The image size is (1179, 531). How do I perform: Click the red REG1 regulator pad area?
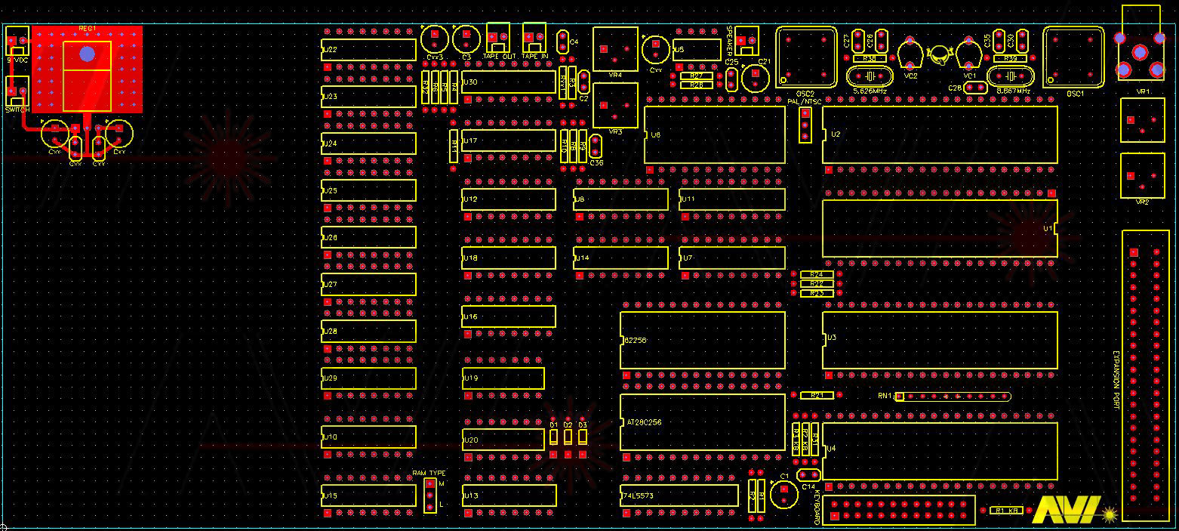[x=87, y=69]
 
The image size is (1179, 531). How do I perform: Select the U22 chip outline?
[x=368, y=50]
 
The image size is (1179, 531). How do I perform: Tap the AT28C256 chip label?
[x=644, y=422]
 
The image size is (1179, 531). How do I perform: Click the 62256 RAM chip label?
[x=636, y=341]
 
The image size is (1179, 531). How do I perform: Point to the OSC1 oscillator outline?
[x=1073, y=56]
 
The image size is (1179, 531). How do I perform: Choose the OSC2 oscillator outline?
[x=806, y=56]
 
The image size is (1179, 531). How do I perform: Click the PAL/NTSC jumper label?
[x=804, y=100]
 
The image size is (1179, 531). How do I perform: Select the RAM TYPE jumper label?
[x=429, y=473]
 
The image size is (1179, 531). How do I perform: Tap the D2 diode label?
[x=568, y=425]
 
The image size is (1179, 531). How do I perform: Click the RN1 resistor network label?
[x=885, y=396]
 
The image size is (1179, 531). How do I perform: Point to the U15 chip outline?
[x=368, y=495]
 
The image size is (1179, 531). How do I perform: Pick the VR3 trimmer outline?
[x=615, y=106]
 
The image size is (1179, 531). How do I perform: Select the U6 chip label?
[x=655, y=134]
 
